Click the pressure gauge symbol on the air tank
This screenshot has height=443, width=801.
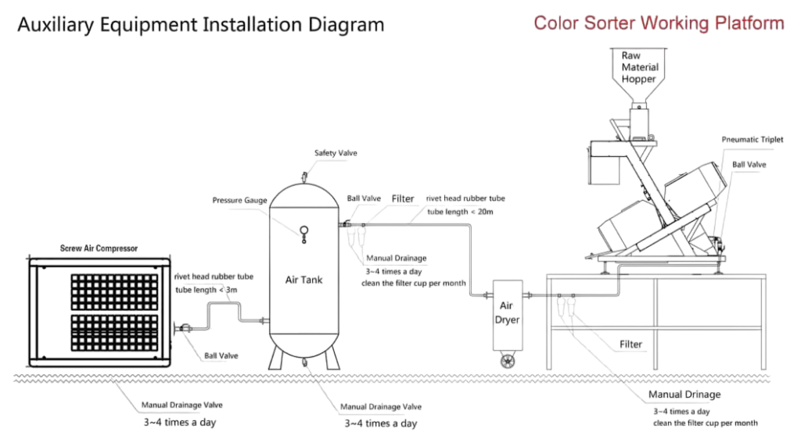point(304,234)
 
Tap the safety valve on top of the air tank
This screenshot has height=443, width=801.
point(304,177)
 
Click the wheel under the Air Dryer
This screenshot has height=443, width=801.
point(507,361)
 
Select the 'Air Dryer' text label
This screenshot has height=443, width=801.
point(507,313)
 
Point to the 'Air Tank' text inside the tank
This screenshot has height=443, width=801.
point(304,280)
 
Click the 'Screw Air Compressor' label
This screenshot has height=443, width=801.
point(99,248)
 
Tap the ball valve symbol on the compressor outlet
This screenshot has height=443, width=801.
point(183,328)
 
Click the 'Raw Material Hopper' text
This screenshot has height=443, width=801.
point(640,67)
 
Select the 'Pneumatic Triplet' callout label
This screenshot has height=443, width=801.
point(752,139)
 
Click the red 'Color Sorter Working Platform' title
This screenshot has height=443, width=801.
point(659,23)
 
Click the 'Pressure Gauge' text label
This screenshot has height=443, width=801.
point(239,200)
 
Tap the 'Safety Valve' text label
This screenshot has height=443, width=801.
point(336,152)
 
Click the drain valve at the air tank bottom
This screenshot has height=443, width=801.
point(304,362)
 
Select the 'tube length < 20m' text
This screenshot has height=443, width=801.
point(460,212)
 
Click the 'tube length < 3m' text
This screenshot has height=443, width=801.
point(207,290)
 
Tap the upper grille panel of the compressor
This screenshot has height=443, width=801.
point(114,292)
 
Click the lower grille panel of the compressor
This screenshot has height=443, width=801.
point(114,333)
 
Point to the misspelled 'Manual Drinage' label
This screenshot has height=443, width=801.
point(684,395)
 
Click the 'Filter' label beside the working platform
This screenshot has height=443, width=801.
point(630,345)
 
